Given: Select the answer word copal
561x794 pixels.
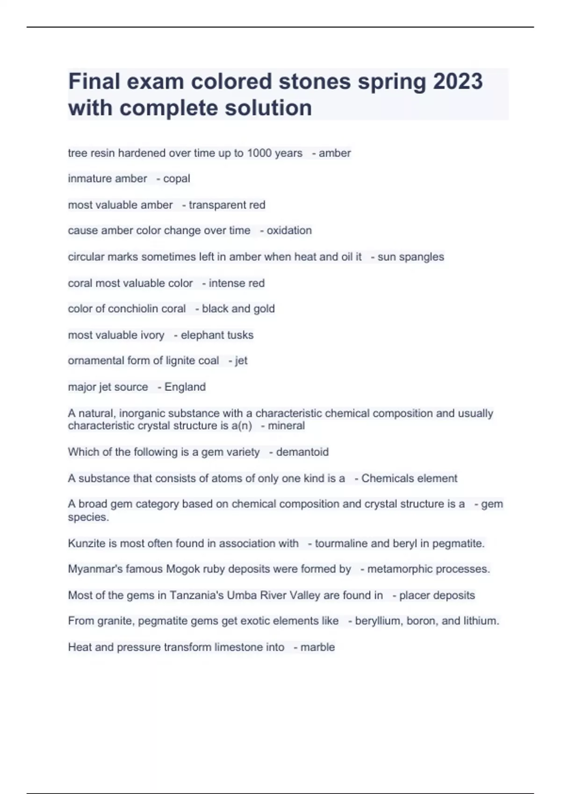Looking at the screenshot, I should [177, 179].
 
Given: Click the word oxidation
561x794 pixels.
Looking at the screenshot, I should [289, 231].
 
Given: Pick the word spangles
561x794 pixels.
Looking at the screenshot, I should [422, 257].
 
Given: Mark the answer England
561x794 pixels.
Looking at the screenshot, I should [185, 387].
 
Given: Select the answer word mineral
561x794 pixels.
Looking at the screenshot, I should [286, 426].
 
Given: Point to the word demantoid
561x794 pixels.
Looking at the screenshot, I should [302, 452].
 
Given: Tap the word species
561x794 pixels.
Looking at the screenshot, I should [88, 518].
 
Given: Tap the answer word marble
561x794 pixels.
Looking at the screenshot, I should [317, 647].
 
